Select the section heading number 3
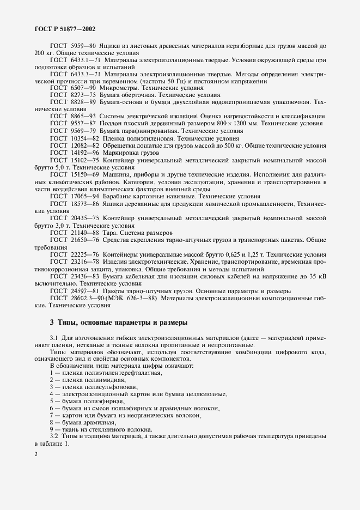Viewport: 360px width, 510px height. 52,323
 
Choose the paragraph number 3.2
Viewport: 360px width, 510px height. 54,437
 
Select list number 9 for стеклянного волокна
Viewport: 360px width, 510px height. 52,429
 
